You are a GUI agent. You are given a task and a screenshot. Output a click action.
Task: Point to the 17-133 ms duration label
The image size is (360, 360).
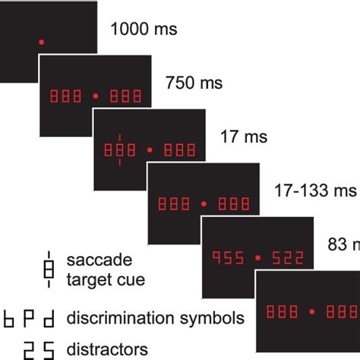coord(315,191)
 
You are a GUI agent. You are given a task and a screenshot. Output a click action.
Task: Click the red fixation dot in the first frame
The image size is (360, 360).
coord(41,40)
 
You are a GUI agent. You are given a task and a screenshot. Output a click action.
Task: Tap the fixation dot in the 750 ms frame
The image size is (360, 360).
coord(95,96)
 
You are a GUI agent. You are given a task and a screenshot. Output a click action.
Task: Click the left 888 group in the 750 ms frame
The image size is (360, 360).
coord(67,96)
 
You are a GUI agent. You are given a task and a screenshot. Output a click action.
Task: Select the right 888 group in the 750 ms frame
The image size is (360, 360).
coord(124,96)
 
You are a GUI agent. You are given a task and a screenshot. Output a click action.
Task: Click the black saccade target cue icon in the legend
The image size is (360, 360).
coord(50,270)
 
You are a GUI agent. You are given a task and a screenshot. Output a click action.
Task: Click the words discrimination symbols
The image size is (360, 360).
coord(155,317)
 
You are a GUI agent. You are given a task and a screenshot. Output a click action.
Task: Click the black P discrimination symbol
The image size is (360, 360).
coord(28,317)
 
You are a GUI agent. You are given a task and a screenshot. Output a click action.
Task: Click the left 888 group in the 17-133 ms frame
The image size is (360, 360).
coord(173,204)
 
